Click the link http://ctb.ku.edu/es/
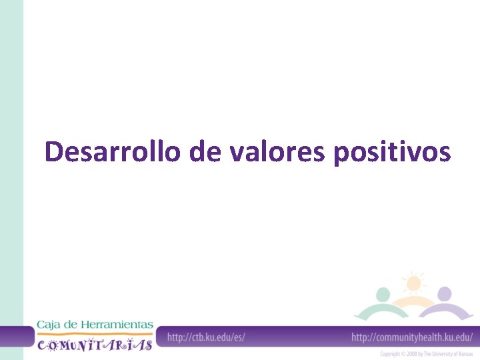pos(206,337)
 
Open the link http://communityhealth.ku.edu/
pos(412,337)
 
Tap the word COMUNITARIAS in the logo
pos(95,344)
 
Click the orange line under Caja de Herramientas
pos(95,333)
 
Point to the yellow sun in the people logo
pos(413,283)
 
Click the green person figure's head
pos(383,294)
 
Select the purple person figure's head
pos(444,294)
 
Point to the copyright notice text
pos(426,354)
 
